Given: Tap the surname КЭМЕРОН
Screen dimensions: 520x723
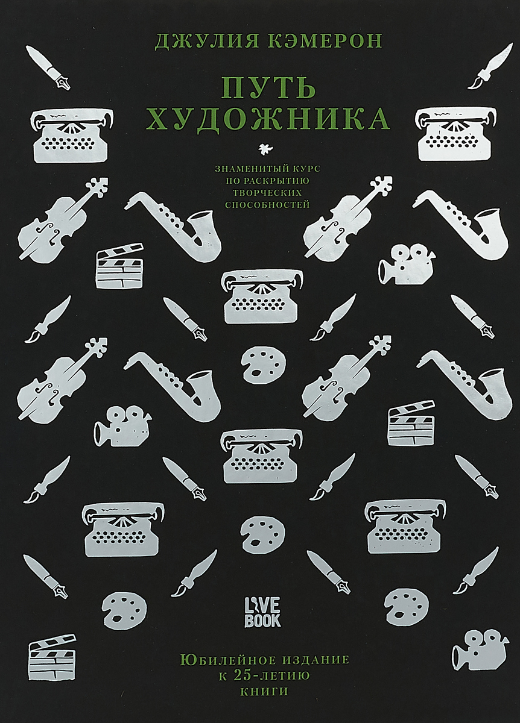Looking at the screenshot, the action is (x=325, y=41).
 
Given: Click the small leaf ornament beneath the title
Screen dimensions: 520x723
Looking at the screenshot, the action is (x=266, y=148).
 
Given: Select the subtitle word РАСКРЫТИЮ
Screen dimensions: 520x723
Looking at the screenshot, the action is (x=276, y=180).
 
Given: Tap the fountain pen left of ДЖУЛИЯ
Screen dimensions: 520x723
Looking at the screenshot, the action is (x=48, y=67).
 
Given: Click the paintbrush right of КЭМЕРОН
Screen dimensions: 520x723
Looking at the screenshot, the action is (x=490, y=66).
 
